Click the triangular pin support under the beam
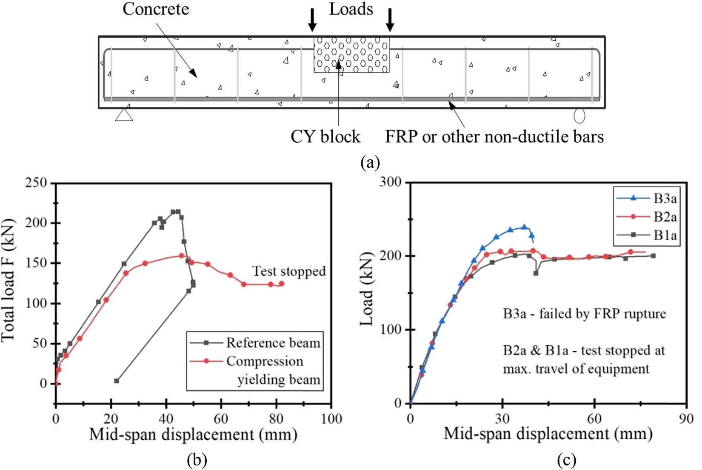[x=124, y=115]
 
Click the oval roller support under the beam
[x=579, y=115]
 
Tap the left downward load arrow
[x=312, y=20]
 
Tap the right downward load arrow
[x=390, y=20]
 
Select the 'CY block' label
[x=325, y=137]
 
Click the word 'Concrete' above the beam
[x=156, y=9]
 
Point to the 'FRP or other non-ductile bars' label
[x=494, y=137]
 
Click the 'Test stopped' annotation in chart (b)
[x=289, y=271]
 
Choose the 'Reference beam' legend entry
[x=273, y=343]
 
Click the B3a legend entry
[x=665, y=198]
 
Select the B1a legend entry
[x=665, y=235]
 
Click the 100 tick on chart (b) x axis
[x=331, y=419]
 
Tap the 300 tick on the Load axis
[x=390, y=182]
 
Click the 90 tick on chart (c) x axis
[x=686, y=419]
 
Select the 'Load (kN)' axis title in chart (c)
[x=366, y=289]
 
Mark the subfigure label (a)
[x=370, y=163]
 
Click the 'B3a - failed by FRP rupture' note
[x=584, y=314]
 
